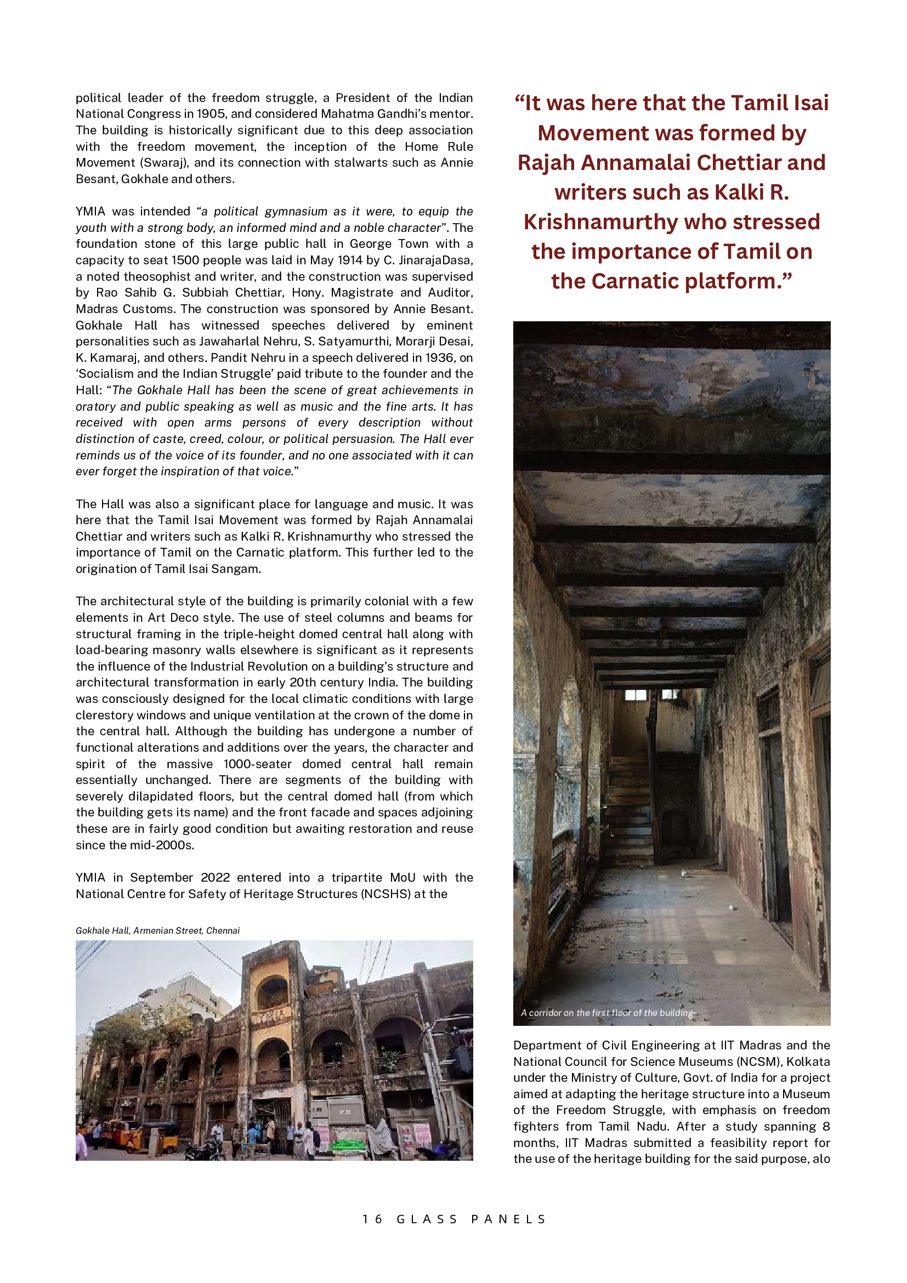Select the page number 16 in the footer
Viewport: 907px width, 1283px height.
tap(372, 1219)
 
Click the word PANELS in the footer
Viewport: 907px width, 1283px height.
tap(508, 1219)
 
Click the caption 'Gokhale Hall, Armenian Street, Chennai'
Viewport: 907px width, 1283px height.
tap(157, 930)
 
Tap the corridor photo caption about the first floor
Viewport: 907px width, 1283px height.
tap(607, 1013)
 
